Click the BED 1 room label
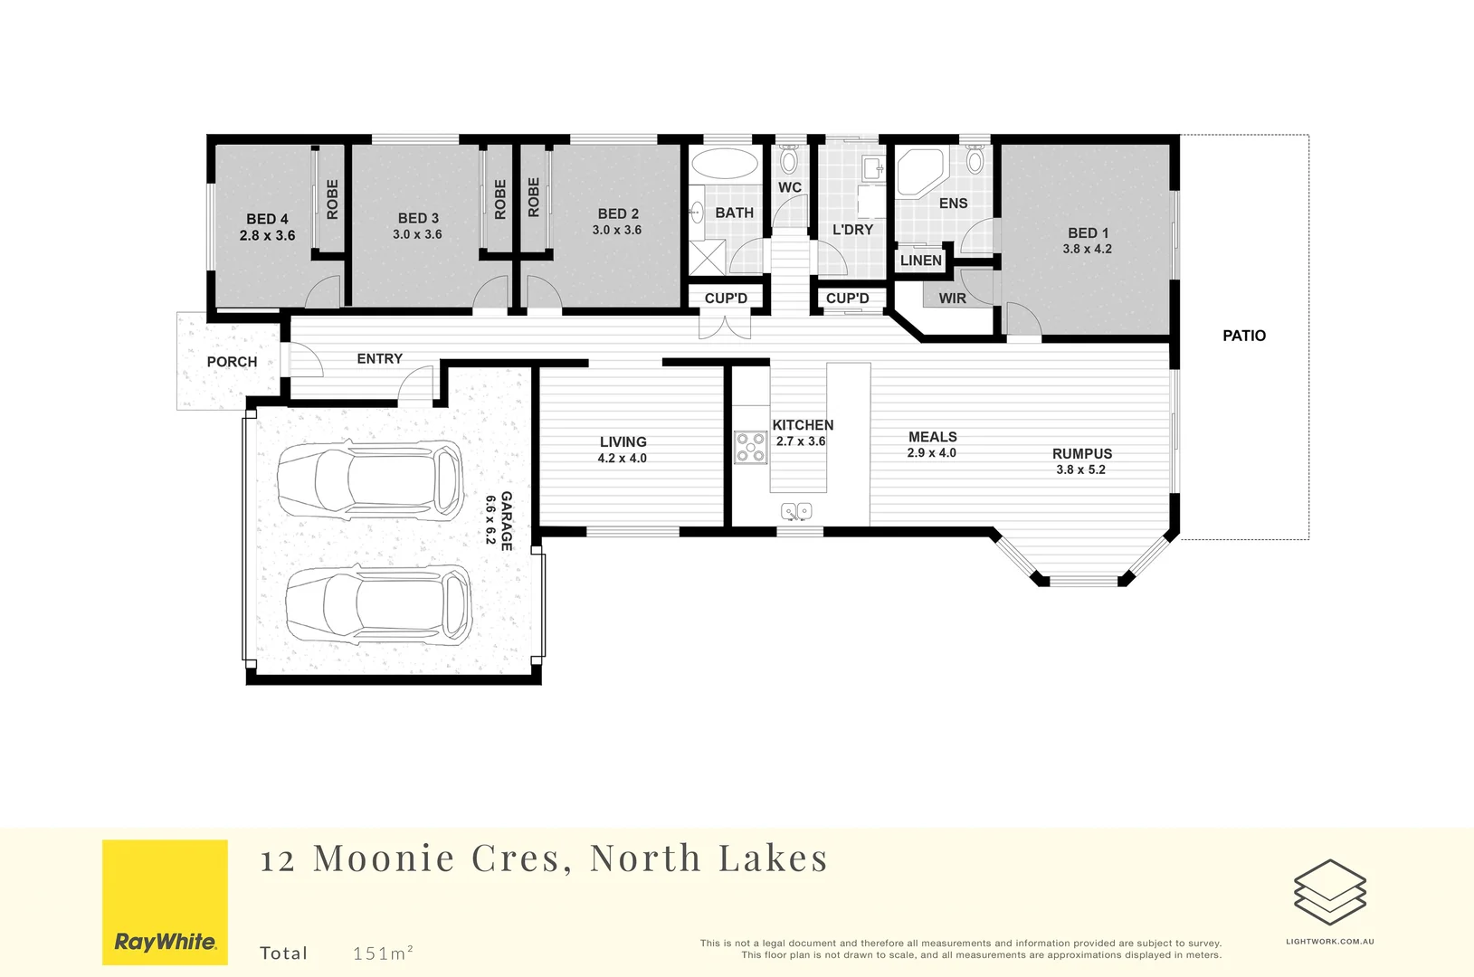[1088, 232]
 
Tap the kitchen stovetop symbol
[751, 448]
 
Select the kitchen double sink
[796, 511]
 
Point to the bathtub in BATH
[724, 163]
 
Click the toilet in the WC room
[788, 159]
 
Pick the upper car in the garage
[370, 480]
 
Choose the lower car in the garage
[378, 604]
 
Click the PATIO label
[1243, 336]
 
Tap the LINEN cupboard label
[920, 261]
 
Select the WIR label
[952, 298]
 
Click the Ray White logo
[165, 902]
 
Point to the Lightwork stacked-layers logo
[1330, 892]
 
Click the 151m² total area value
[383, 953]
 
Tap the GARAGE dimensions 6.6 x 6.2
[490, 520]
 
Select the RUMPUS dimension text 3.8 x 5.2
[1081, 470]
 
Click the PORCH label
[232, 362]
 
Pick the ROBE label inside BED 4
[332, 199]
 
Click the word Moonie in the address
[384, 858]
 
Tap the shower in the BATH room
[707, 257]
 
